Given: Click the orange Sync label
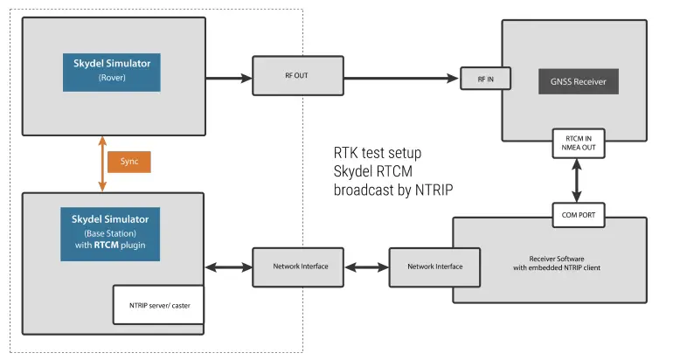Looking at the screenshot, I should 128,162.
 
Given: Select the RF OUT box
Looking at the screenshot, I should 295,77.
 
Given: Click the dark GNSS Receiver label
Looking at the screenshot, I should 577,82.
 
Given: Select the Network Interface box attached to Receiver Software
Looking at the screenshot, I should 434,267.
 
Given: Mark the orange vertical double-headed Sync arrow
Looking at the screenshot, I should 102,163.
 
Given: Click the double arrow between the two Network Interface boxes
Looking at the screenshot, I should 363,267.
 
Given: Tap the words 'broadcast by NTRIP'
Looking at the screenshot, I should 393,190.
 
